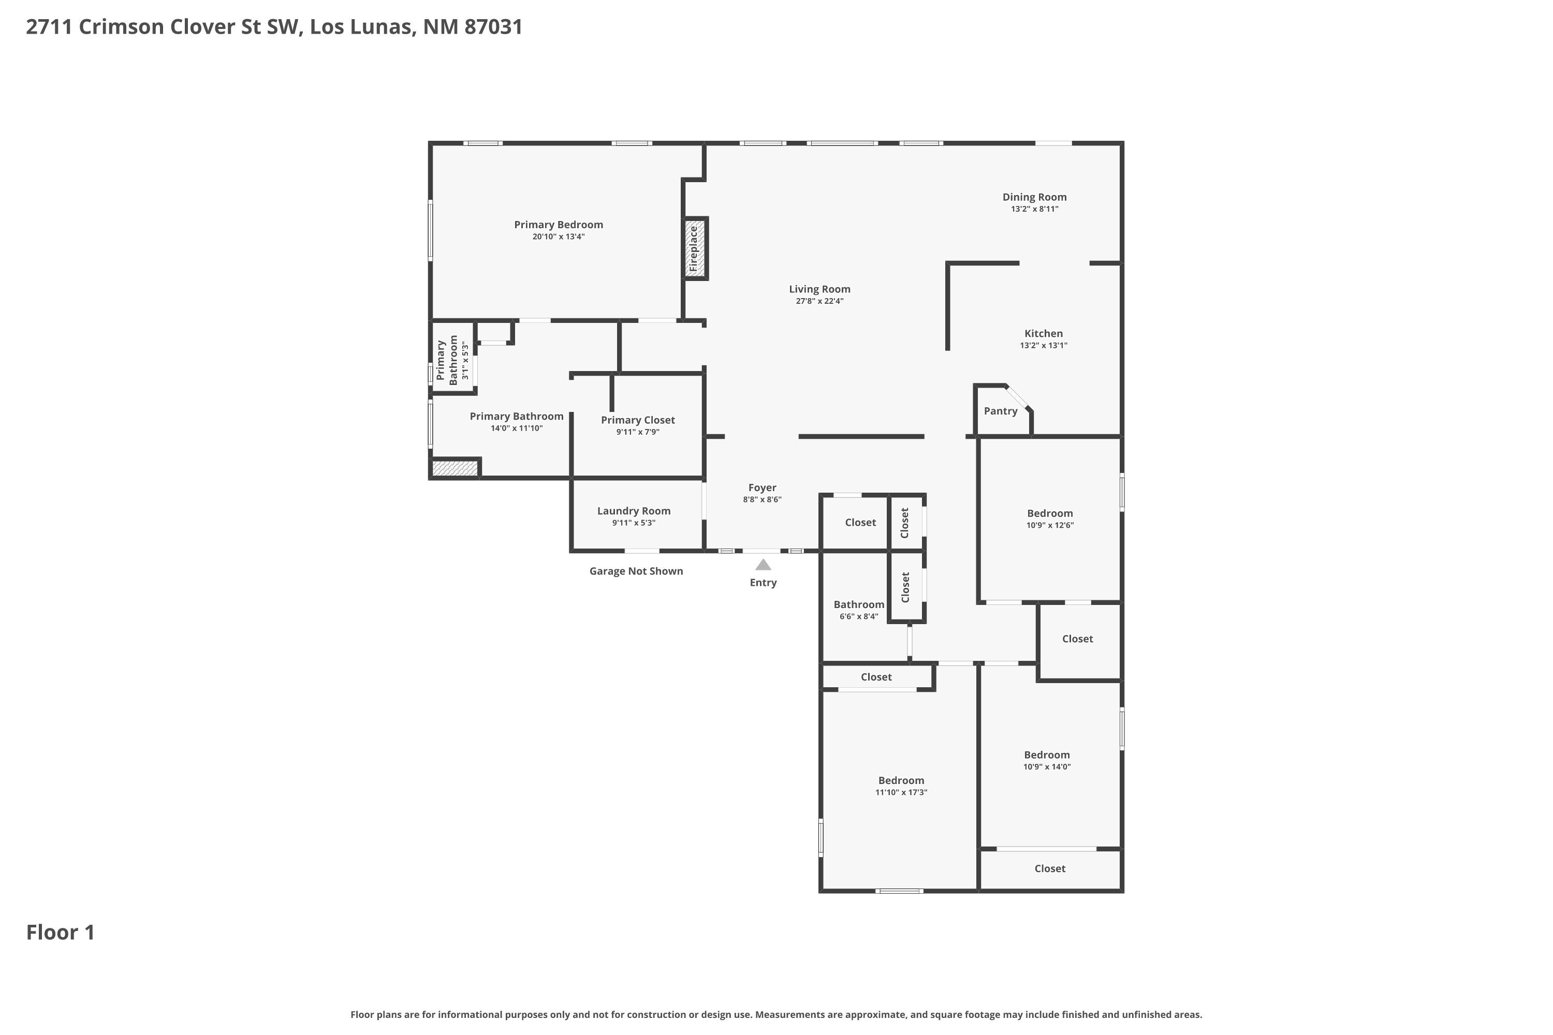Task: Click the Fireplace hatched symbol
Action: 695,249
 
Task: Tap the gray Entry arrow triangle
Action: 763,565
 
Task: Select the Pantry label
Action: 1000,411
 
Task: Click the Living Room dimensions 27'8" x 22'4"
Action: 819,301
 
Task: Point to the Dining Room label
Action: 1034,197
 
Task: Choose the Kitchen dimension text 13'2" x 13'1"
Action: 1043,345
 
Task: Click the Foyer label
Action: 762,488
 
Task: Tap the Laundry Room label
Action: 633,511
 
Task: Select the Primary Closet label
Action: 637,420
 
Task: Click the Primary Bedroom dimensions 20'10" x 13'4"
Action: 558,236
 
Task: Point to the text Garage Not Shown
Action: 636,571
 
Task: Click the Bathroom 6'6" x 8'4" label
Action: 858,604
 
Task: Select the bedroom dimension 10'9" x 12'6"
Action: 1049,525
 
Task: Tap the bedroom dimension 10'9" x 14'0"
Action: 1047,767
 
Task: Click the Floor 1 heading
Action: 60,932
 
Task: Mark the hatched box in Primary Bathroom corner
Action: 455,468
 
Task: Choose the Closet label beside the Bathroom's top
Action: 860,522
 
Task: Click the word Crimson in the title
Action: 122,27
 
